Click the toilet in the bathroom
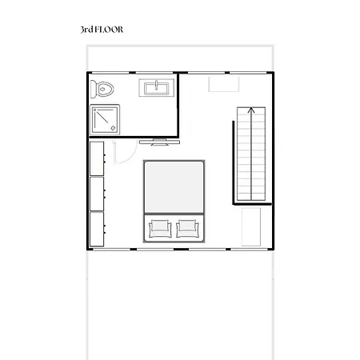pos(103,88)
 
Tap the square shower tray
pos(105,118)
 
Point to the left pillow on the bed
pos(158,228)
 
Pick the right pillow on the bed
pos(188,228)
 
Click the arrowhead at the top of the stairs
pos(251,110)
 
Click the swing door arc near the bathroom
pos(118,154)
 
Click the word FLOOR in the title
pos(110,30)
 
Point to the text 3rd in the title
pos(86,30)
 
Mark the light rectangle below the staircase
pos(251,229)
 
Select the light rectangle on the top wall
pos(221,82)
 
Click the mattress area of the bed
pos(174,186)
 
